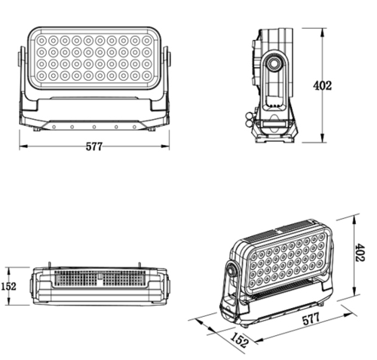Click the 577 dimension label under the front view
click(x=94, y=146)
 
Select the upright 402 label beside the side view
click(x=323, y=85)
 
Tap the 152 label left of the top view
click(x=9, y=286)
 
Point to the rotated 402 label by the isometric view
click(x=360, y=252)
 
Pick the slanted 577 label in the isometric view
click(x=311, y=319)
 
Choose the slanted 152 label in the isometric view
click(x=240, y=340)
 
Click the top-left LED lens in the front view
click(x=41, y=40)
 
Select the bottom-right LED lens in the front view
click(x=147, y=75)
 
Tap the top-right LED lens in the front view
click(x=147, y=40)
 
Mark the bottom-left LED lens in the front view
click(x=41, y=75)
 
